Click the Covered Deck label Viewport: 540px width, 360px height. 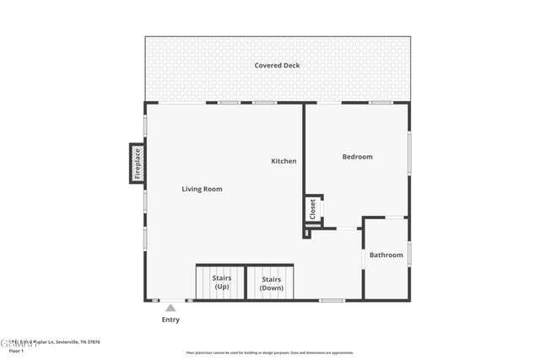click(x=277, y=66)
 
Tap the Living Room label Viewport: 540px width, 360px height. click(x=202, y=189)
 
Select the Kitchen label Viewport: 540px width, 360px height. click(x=283, y=161)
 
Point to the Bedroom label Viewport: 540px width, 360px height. click(x=357, y=157)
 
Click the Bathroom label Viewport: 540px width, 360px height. click(x=386, y=255)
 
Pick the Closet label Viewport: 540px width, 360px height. click(x=312, y=208)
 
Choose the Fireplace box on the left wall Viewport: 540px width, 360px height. click(x=138, y=164)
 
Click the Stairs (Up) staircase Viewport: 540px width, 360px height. click(x=220, y=282)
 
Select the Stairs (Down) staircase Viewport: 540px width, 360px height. click(x=271, y=282)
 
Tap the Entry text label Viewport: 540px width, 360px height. click(x=170, y=320)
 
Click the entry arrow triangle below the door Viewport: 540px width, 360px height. click(x=170, y=308)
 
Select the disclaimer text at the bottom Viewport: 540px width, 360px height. click(x=269, y=353)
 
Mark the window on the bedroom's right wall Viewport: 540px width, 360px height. click(x=409, y=152)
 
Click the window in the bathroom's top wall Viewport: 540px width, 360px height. click(x=394, y=218)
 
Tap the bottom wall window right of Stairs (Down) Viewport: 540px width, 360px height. click(x=332, y=300)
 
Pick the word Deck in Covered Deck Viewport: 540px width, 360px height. click(x=291, y=66)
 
